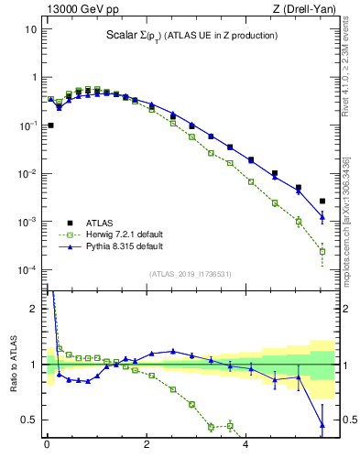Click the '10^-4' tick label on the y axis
click(27, 270)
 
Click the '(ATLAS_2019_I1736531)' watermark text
click(189, 275)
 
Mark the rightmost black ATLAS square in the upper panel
click(322, 201)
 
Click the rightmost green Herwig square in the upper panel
click(322, 251)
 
